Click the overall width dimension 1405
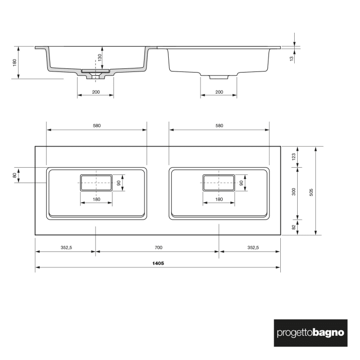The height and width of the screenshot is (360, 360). pos(158,263)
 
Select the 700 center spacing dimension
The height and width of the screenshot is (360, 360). pos(158,247)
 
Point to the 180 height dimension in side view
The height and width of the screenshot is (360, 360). pos(15,62)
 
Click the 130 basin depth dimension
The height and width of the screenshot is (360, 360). pos(100,58)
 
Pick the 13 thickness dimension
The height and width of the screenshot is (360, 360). pos(292,59)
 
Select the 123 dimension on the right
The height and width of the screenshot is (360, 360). pos(294,157)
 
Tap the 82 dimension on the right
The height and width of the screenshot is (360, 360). pos(294,226)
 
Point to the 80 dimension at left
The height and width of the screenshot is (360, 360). pos(15,175)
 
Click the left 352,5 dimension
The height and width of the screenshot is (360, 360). pos(66,247)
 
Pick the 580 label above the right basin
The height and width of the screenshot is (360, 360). pos(219,125)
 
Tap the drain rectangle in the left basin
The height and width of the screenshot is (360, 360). pos(96,183)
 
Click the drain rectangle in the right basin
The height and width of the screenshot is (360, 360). pos(219,183)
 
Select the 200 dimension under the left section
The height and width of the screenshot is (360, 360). pos(96,92)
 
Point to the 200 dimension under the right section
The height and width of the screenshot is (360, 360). pos(219,92)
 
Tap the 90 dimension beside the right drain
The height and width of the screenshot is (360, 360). pos(241,183)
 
